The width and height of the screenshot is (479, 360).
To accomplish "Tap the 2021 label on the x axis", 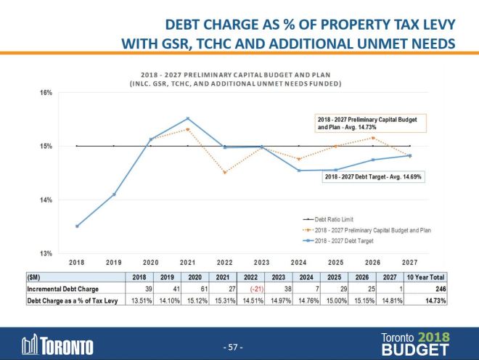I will pyautogui.click(x=187, y=262).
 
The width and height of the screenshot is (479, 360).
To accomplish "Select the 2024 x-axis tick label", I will pyautogui.click(x=299, y=262).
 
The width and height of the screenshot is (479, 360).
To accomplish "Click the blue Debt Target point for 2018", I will pyautogui.click(x=77, y=226).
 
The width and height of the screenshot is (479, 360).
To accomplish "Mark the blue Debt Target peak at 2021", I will pyautogui.click(x=187, y=118).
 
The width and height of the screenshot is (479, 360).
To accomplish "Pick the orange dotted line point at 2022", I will pyautogui.click(x=224, y=172).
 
